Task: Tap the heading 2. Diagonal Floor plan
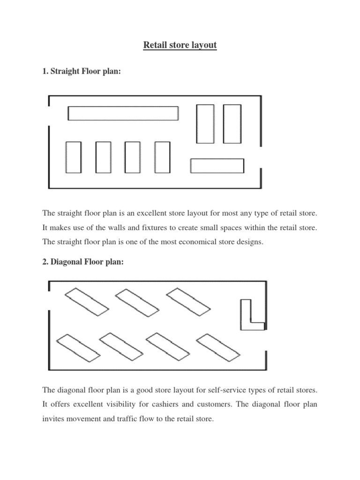pyautogui.click(x=83, y=262)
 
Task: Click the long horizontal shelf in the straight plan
pyautogui.click(x=123, y=113)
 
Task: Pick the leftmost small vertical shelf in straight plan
pyautogui.click(x=74, y=157)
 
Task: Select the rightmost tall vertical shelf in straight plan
pyautogui.click(x=232, y=124)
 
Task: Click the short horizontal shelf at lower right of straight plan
pyautogui.click(x=217, y=166)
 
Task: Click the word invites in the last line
pyautogui.click(x=54, y=419)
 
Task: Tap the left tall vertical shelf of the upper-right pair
pyautogui.click(x=205, y=124)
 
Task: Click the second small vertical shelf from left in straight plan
pyautogui.click(x=103, y=157)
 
